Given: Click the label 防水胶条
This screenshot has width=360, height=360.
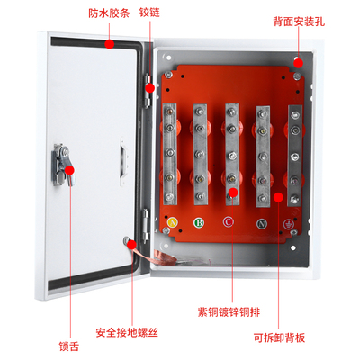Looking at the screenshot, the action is (x=109, y=13).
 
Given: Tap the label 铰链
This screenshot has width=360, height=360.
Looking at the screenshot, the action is (x=149, y=13).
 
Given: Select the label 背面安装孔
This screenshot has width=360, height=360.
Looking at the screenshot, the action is (x=299, y=22).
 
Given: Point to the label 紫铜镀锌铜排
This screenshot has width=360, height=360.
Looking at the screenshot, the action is (x=229, y=312).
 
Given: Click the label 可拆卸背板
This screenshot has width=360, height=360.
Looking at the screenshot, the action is (x=279, y=337).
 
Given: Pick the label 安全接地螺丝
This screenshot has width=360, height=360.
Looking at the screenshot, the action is (x=127, y=332).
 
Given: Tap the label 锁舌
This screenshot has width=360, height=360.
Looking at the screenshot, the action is (x=69, y=346).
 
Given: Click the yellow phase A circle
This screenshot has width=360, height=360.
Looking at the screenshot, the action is (x=172, y=222).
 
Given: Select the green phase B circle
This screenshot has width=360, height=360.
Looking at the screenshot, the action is (x=199, y=223).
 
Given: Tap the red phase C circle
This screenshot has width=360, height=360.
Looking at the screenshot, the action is (x=229, y=222).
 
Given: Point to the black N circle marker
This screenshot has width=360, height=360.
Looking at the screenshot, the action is (x=262, y=224).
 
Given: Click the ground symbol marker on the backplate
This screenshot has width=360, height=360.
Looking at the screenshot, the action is (x=289, y=224).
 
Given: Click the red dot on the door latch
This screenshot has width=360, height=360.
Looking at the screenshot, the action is (x=69, y=170).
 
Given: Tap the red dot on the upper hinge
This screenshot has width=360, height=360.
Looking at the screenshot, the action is (x=150, y=88).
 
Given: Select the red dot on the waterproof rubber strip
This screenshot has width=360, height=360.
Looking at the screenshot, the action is (x=110, y=44).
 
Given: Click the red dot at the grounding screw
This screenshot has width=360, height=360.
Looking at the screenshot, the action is (x=131, y=245).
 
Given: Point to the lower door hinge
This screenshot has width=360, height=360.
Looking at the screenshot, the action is (x=146, y=226).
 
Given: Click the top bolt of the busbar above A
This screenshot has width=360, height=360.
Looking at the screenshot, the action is (x=169, y=112).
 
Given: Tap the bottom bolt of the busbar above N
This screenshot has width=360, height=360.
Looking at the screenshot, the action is (x=263, y=198).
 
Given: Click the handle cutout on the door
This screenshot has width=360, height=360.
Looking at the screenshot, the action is (x=124, y=161).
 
